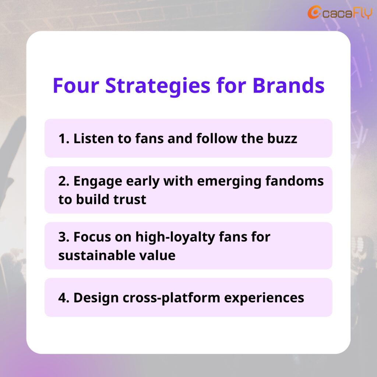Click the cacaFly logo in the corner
[340, 12]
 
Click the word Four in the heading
[76, 85]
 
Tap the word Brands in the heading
[289, 85]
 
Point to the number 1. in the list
[64, 139]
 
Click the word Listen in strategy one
[94, 138]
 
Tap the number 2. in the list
[64, 181]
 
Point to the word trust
[130, 199]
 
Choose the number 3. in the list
[64, 237]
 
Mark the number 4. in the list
[64, 298]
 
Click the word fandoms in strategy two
[295, 181]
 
